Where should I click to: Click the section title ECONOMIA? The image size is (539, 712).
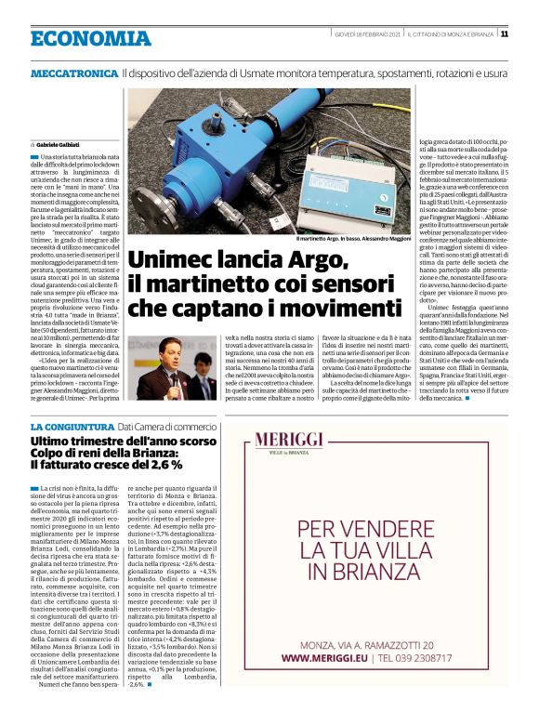[x=89, y=39]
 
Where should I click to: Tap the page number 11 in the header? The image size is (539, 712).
[x=505, y=34]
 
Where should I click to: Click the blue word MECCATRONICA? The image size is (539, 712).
[x=73, y=73]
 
